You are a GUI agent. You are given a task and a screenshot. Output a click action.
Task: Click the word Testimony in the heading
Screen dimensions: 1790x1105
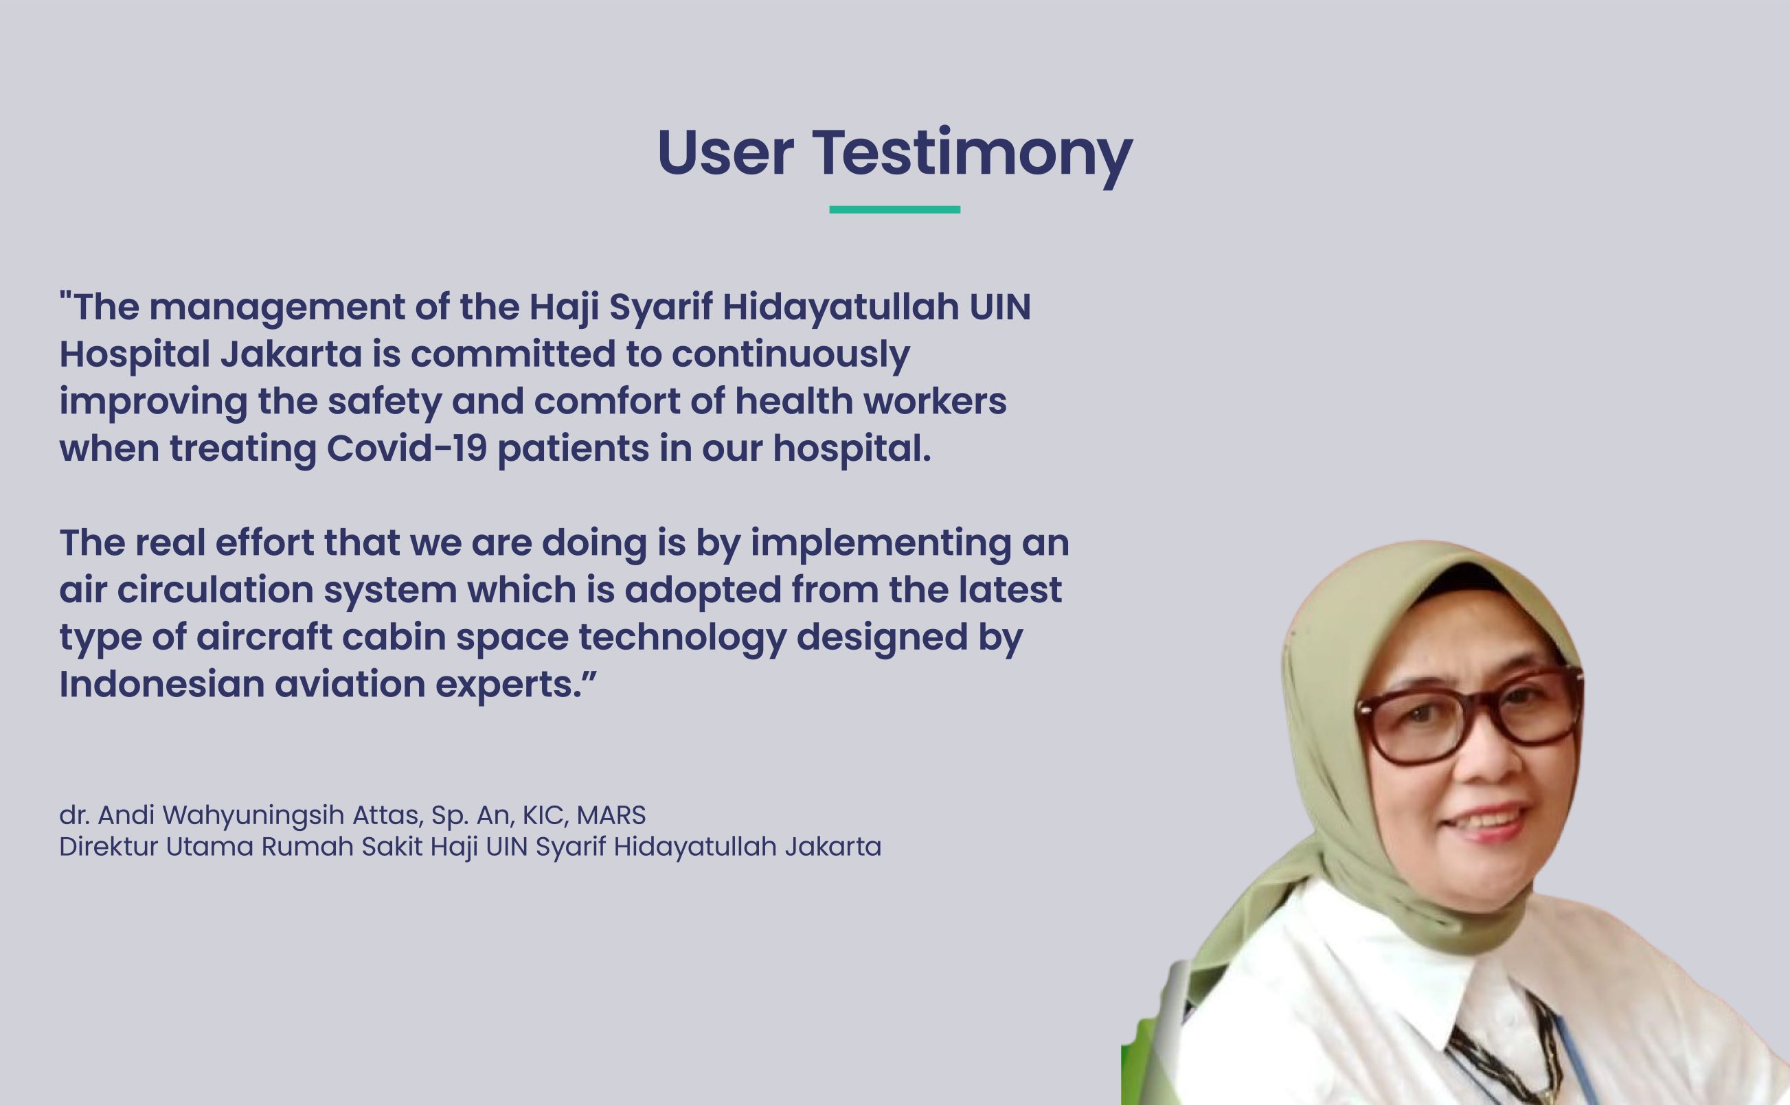972,155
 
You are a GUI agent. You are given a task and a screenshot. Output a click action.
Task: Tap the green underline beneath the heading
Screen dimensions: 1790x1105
894,209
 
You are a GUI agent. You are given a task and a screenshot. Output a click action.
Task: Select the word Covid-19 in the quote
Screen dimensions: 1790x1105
407,448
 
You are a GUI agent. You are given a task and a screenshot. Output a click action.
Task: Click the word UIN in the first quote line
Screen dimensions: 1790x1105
1001,307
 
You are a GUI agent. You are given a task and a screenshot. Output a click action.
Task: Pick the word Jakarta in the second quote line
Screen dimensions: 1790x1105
291,354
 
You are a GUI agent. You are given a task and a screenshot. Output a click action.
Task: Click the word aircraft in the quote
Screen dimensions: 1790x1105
264,637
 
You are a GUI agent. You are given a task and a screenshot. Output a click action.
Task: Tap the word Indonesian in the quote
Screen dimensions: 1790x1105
161,685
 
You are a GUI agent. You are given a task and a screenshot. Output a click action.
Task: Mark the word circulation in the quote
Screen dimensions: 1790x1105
215,590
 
